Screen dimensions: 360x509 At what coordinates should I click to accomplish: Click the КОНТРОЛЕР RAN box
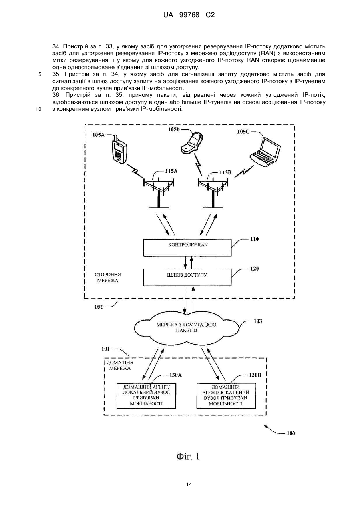pyautogui.click(x=187, y=248)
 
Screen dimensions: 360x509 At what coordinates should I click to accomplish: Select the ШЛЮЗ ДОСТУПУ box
pyautogui.click(x=187, y=277)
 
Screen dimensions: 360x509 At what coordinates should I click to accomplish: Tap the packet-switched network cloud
pyautogui.click(x=187, y=327)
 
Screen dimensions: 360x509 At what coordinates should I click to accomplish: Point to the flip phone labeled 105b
pyautogui.click(x=192, y=142)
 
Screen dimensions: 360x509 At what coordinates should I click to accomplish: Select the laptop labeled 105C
pyautogui.click(x=265, y=152)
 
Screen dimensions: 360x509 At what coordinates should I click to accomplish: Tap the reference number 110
pyautogui.click(x=254, y=239)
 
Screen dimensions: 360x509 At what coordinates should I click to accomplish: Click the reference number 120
pyautogui.click(x=254, y=269)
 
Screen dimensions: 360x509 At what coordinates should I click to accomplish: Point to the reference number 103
pyautogui.click(x=258, y=321)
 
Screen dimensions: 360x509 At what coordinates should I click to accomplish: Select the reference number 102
pyautogui.click(x=99, y=307)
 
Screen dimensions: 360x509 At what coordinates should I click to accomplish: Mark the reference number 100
pyautogui.click(x=291, y=433)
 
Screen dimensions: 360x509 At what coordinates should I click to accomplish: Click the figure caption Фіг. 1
pyautogui.click(x=188, y=457)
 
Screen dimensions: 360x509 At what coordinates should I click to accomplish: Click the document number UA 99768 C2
pyautogui.click(x=189, y=15)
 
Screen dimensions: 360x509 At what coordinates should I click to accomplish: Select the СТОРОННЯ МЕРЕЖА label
pyautogui.click(x=108, y=277)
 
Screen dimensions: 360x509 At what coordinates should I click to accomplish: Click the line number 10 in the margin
pyautogui.click(x=39, y=109)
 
